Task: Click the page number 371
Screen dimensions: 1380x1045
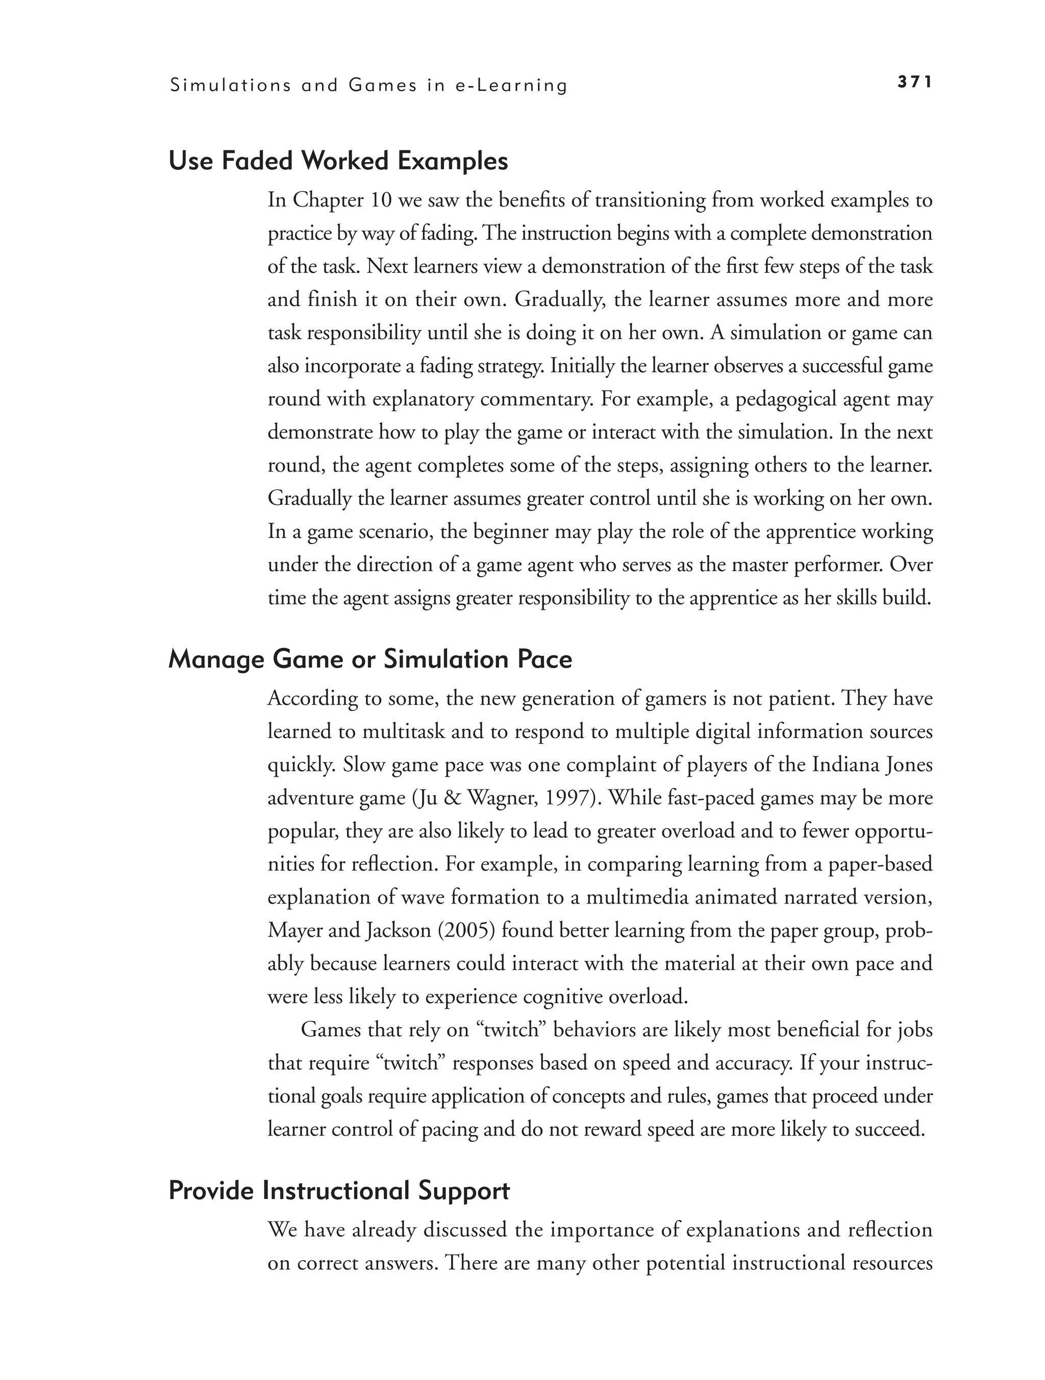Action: [914, 82]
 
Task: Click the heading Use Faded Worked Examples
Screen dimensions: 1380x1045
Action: [338, 162]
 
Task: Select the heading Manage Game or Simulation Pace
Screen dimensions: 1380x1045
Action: [370, 659]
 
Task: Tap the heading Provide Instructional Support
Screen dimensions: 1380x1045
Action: [339, 1191]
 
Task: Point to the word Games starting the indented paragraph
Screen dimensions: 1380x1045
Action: [330, 1029]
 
